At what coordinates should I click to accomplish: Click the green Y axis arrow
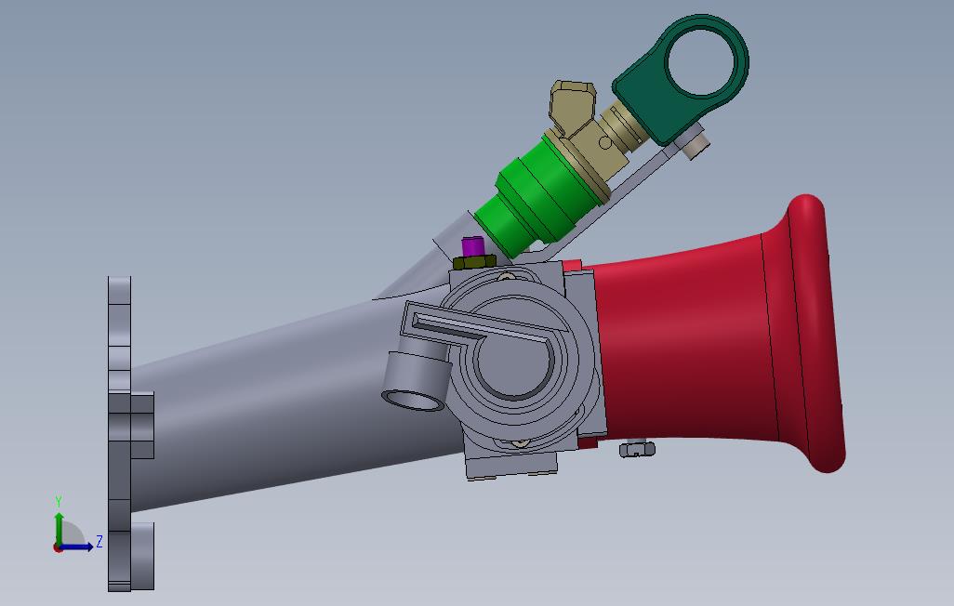(x=59, y=526)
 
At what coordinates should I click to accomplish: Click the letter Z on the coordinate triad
(x=99, y=540)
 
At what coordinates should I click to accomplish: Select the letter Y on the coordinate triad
(x=59, y=501)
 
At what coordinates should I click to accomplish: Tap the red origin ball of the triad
(x=58, y=547)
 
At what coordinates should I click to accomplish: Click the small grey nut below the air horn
(x=638, y=450)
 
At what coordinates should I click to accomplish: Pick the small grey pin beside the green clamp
(x=696, y=145)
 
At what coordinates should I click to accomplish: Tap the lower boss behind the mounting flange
(x=142, y=555)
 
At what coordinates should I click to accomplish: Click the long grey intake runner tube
(x=279, y=400)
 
